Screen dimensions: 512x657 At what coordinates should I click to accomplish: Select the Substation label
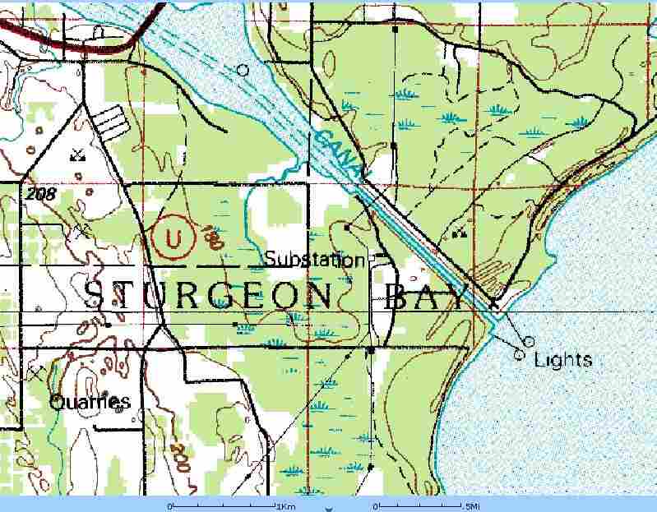(x=313, y=261)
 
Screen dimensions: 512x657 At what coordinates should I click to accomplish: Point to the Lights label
(x=562, y=360)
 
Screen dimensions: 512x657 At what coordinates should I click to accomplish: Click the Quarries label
(x=90, y=403)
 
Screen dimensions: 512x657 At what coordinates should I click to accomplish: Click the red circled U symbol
(x=173, y=238)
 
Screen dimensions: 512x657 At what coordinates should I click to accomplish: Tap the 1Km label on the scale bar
(x=286, y=505)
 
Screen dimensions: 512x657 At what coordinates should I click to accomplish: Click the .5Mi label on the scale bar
(x=473, y=505)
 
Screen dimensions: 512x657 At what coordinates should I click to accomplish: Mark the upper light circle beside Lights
(x=529, y=340)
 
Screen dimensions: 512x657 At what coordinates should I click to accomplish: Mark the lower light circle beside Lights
(x=519, y=355)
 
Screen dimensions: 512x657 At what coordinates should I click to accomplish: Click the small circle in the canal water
(x=243, y=71)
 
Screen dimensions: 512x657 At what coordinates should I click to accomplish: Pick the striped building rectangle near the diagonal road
(x=110, y=122)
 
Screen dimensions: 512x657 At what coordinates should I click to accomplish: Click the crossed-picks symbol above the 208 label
(x=77, y=153)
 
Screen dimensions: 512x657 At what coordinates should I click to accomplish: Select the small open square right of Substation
(x=371, y=258)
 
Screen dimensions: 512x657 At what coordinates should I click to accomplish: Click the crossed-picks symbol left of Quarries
(x=36, y=373)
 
